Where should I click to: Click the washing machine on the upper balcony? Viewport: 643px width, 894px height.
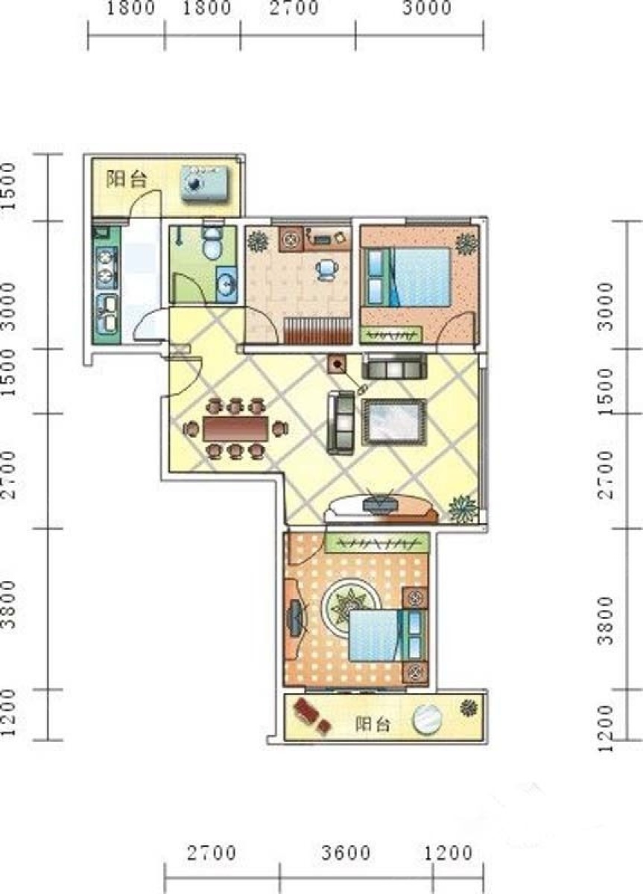(x=205, y=184)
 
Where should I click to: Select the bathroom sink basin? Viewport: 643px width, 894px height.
(x=227, y=284)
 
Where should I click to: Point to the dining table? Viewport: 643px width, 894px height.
(x=236, y=429)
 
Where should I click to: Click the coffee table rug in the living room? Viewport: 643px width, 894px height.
(x=393, y=422)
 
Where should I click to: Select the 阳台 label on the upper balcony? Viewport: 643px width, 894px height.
(x=126, y=180)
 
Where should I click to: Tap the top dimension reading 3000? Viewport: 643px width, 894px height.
(x=427, y=8)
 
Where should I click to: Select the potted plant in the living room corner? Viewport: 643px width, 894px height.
(x=463, y=509)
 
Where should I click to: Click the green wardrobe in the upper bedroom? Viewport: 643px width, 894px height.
(x=390, y=335)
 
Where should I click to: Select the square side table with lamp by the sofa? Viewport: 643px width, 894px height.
(x=338, y=365)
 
